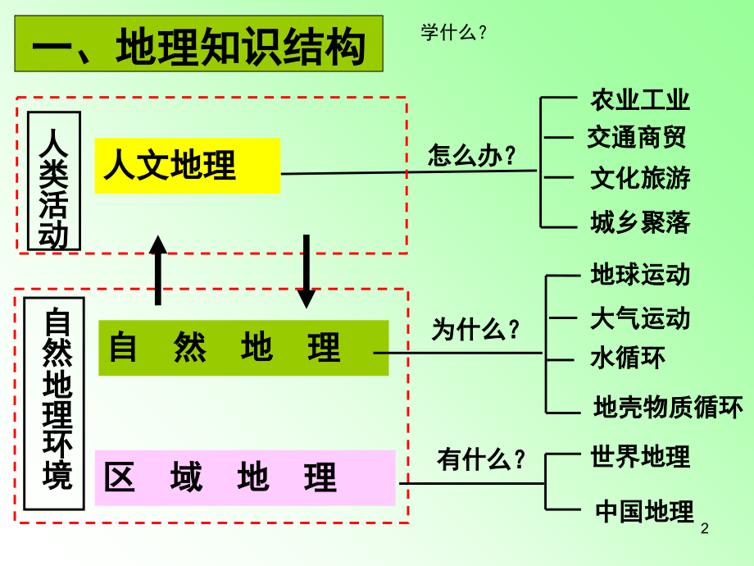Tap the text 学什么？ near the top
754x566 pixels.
click(454, 33)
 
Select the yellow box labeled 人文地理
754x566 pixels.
click(187, 165)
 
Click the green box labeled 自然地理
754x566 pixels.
click(243, 348)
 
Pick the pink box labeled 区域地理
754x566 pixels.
click(245, 477)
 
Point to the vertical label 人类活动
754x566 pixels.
click(54, 180)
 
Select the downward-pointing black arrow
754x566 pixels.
click(306, 272)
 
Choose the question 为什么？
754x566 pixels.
click(476, 330)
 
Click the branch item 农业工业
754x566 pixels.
click(640, 100)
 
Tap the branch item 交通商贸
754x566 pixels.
click(637, 137)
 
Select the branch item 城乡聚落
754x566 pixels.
click(640, 221)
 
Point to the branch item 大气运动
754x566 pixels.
click(640, 317)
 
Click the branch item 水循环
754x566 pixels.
click(628, 358)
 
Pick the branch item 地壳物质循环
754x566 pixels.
click(668, 406)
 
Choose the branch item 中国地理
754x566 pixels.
click(644, 511)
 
